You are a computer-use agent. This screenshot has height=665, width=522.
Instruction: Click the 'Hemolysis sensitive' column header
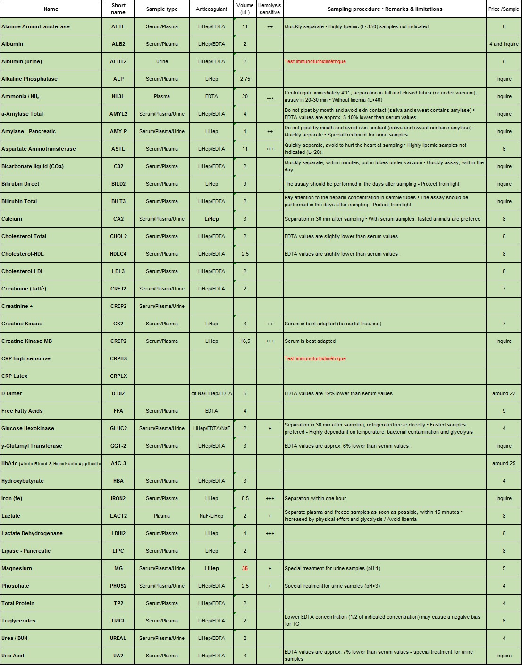click(x=269, y=9)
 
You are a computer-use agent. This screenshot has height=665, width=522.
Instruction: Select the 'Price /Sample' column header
click(x=504, y=9)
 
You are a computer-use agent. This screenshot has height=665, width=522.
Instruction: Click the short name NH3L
click(x=118, y=96)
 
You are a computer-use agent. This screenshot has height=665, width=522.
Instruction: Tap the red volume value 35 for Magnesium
click(x=245, y=568)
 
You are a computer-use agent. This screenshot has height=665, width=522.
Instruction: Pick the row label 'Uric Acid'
click(x=13, y=656)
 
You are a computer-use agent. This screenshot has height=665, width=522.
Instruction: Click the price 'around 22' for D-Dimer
click(x=504, y=393)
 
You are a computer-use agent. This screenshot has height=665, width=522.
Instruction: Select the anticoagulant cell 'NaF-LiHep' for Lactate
click(x=211, y=516)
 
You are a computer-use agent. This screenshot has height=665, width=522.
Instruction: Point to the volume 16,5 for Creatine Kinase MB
click(x=245, y=341)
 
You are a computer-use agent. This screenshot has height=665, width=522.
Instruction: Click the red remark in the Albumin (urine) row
click(x=315, y=61)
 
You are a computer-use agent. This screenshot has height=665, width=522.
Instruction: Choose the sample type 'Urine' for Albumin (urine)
click(x=162, y=61)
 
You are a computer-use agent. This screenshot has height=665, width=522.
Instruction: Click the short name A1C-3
click(x=118, y=463)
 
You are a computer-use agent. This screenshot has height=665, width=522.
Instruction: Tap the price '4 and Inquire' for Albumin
click(x=504, y=44)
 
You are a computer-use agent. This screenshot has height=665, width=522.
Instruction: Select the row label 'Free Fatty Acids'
click(x=22, y=411)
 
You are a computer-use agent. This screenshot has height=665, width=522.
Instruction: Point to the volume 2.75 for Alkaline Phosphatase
click(x=245, y=79)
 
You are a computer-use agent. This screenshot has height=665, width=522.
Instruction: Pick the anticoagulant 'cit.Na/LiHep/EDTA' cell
click(x=211, y=393)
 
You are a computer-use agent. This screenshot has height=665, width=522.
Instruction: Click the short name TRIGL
click(x=118, y=621)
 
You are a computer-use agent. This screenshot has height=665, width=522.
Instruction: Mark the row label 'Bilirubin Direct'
click(x=20, y=184)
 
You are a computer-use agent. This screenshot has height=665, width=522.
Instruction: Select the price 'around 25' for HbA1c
click(x=504, y=463)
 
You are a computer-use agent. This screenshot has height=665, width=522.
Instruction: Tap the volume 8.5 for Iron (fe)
click(x=245, y=498)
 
